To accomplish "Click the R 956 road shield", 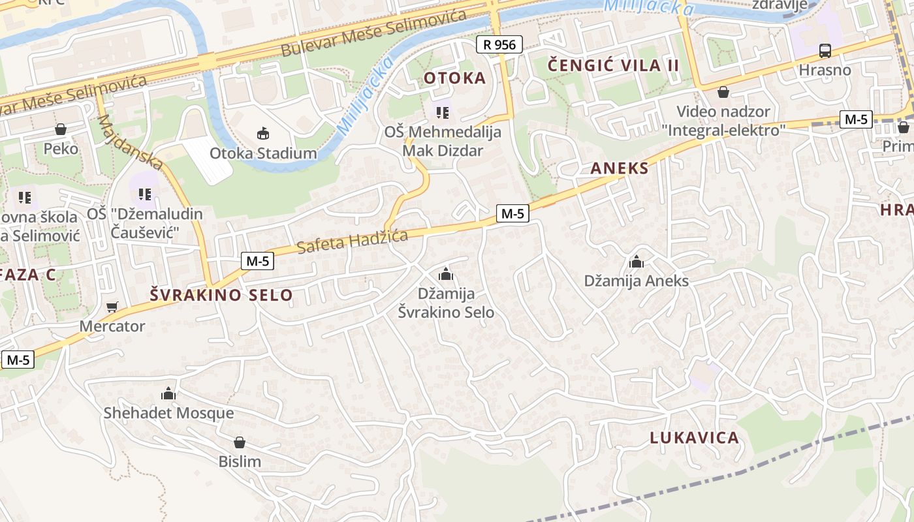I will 499,44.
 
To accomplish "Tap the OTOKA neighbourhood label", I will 455,78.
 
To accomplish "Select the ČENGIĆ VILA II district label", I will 614,65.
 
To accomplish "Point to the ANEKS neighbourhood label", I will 620,168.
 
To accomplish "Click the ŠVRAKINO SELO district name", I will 221,295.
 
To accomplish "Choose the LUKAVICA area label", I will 694,437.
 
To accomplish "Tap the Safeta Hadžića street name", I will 352,241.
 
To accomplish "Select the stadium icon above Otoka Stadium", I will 263,134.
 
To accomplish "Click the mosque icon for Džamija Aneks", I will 637,262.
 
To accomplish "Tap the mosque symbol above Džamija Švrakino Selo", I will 446,274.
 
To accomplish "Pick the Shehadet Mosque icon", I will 168,393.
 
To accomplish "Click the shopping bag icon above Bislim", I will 240,442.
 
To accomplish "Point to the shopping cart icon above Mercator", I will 112,307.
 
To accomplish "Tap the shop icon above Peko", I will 61,129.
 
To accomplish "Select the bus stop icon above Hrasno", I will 825,51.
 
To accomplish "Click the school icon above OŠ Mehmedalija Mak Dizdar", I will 443,113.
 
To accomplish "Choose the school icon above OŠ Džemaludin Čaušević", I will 145,194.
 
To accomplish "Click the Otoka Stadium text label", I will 263,153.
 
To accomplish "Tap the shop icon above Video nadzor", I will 723,92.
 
